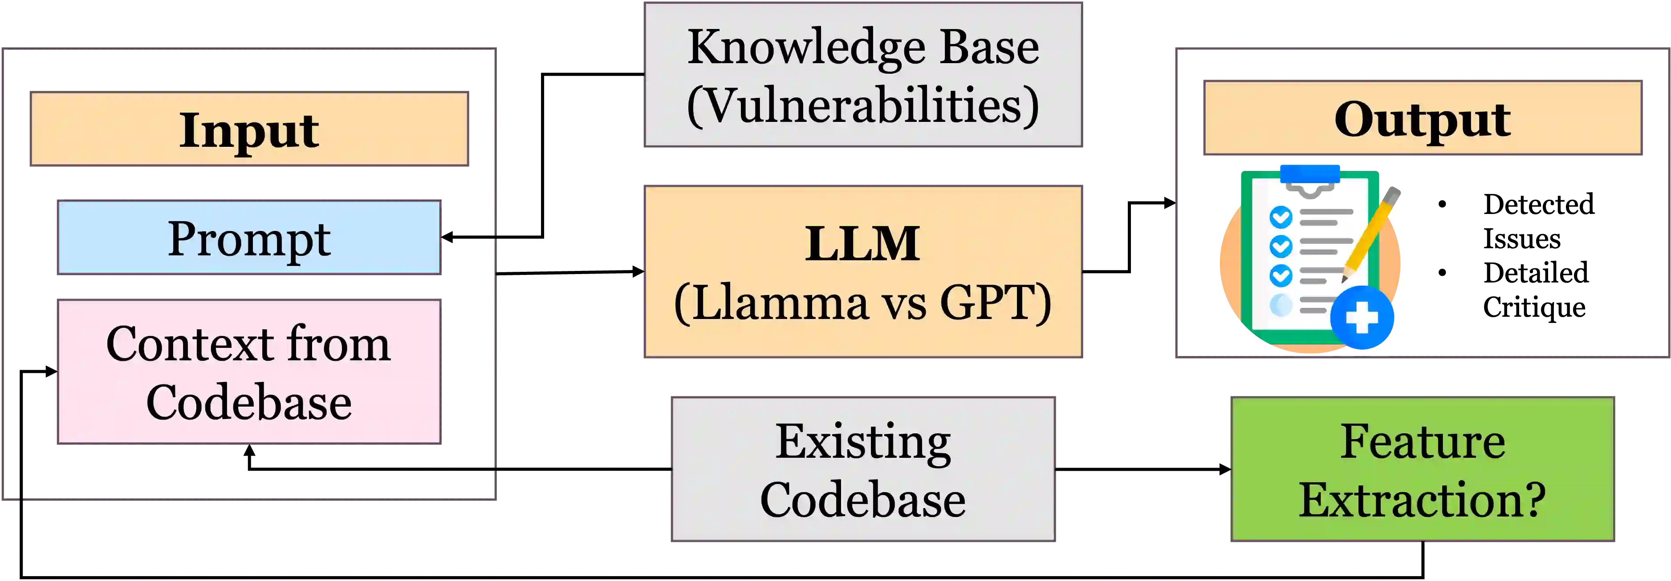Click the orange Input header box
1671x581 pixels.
(249, 129)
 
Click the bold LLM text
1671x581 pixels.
(863, 244)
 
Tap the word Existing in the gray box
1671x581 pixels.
(863, 442)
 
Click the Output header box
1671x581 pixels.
(1422, 118)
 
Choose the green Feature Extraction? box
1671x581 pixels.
(1422, 469)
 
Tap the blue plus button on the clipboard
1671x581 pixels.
(1362, 318)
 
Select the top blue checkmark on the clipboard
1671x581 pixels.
(1281, 217)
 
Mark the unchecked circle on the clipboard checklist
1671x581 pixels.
(1281, 305)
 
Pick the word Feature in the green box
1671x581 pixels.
(1422, 442)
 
